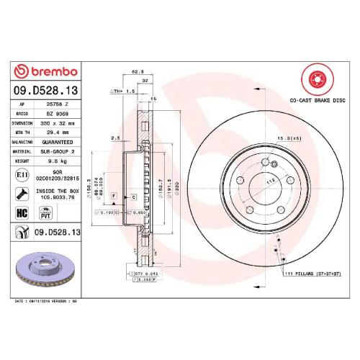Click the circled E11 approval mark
tap(22, 175)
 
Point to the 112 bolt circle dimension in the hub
tap(272, 181)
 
